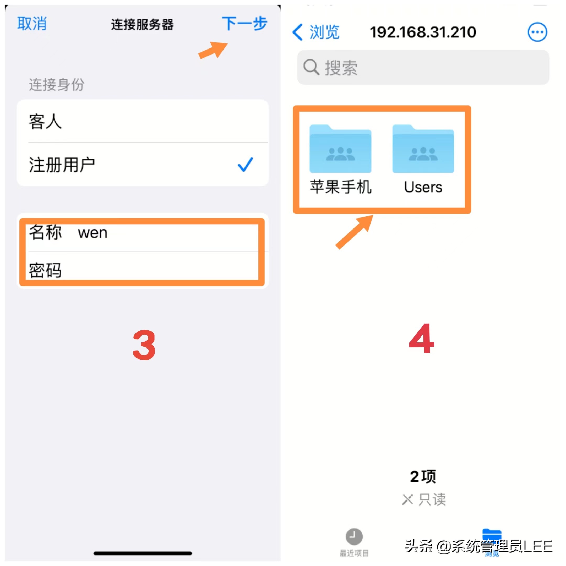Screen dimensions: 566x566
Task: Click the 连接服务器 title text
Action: point(142,25)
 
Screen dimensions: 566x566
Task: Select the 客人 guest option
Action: point(45,121)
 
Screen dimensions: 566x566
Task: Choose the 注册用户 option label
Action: point(62,165)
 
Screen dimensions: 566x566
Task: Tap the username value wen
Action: point(92,233)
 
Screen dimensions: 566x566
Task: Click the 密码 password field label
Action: point(45,270)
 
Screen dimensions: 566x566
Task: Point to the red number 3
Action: point(144,345)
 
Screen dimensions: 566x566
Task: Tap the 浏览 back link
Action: point(316,32)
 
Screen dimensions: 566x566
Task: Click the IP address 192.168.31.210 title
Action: point(423,32)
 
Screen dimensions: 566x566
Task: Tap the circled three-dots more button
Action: point(537,32)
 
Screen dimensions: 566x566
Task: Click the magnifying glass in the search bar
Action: point(311,67)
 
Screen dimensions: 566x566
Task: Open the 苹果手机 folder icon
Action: point(340,149)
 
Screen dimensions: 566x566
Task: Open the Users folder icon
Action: point(423,149)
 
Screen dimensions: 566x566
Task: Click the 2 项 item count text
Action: point(423,477)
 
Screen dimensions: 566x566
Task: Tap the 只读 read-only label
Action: point(432,499)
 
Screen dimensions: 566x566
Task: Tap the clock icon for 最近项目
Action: point(354,536)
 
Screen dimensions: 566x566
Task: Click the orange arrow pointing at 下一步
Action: point(213,50)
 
